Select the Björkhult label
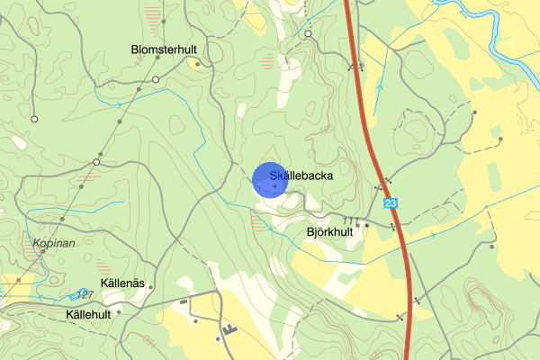coord(329,231)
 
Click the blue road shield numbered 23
coord(390,204)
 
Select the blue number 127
coord(85,294)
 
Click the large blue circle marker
coord(271,178)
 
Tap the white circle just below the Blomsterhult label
coord(156,80)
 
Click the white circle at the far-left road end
coord(34,119)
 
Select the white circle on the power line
coord(96,162)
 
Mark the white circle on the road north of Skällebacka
coord(308,33)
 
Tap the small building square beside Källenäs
coord(150,288)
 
